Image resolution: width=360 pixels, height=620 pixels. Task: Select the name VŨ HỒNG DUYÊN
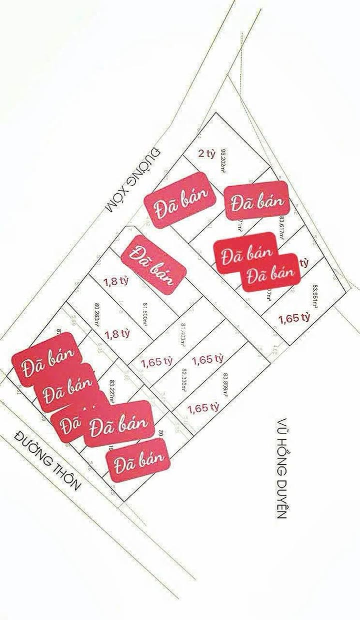pyautogui.click(x=283, y=468)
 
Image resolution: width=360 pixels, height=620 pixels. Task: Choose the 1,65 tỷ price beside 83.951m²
pyautogui.click(x=295, y=317)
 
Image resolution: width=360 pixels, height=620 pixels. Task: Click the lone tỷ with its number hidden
pyautogui.click(x=302, y=262)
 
